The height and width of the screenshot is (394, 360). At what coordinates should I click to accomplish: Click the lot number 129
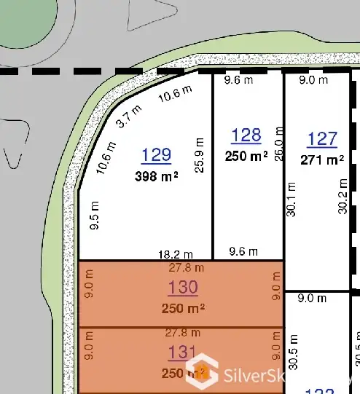pyautogui.click(x=157, y=154)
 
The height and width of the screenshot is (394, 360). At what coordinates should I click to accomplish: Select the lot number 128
pyautogui.click(x=246, y=135)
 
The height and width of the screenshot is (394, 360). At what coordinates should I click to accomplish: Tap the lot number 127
pyautogui.click(x=322, y=139)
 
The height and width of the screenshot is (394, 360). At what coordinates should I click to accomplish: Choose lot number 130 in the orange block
pyautogui.click(x=182, y=288)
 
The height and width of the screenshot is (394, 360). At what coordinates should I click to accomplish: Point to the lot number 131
pyautogui.click(x=182, y=352)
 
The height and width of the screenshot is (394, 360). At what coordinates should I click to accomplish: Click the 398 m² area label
pyautogui.click(x=157, y=176)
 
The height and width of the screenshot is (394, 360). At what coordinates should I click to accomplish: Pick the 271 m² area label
pyautogui.click(x=322, y=159)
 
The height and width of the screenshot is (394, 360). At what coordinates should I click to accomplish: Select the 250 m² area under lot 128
pyautogui.click(x=246, y=156)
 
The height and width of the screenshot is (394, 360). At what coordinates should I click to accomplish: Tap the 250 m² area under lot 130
pyautogui.click(x=182, y=307)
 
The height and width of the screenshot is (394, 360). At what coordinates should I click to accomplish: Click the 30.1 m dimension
pyautogui.click(x=291, y=199)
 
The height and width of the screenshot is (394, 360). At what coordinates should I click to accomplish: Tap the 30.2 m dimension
pyautogui.click(x=343, y=197)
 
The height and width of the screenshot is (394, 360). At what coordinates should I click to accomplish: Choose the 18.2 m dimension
pyautogui.click(x=176, y=253)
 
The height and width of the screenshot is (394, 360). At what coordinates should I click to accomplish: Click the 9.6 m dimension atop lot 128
pyautogui.click(x=238, y=80)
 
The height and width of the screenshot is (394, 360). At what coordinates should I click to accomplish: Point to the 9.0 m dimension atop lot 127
pyautogui.click(x=314, y=80)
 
